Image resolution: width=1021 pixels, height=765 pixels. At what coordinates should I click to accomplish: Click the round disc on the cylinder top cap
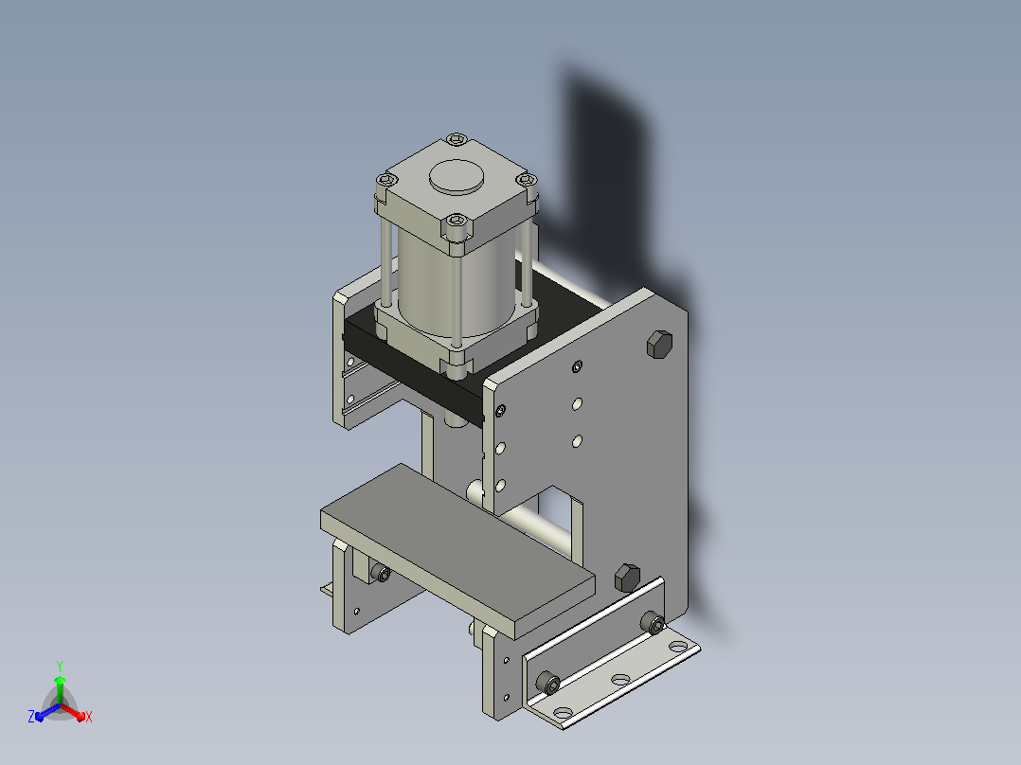457,176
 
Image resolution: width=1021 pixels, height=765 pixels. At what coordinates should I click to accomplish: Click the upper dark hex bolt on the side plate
659,344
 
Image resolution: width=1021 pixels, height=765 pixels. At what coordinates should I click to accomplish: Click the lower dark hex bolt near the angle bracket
627,578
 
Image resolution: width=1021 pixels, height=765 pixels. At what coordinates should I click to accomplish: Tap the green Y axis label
60,666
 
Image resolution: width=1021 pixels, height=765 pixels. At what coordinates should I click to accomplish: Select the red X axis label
89,717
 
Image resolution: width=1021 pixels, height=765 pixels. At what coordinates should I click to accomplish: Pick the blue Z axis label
31,716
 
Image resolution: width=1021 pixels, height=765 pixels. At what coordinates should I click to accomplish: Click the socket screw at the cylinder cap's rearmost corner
457,139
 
